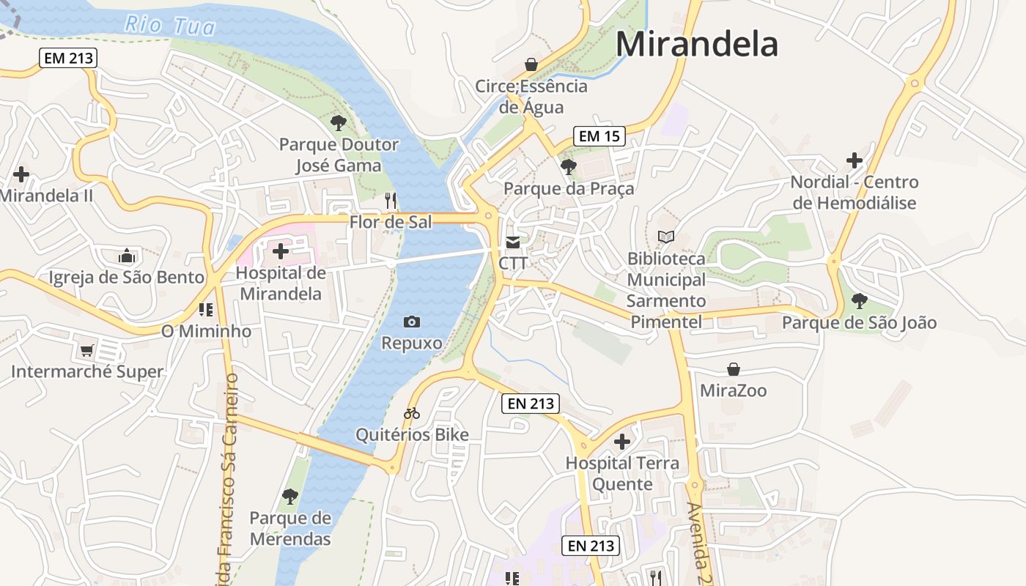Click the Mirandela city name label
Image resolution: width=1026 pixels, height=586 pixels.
point(696,44)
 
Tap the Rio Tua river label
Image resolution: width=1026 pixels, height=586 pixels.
point(170,26)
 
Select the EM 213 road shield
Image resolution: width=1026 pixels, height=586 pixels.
point(68,58)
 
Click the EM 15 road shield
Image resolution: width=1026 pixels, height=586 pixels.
point(599,136)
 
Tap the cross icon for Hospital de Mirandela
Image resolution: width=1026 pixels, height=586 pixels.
point(280,252)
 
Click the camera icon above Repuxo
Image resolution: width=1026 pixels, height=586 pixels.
point(412,322)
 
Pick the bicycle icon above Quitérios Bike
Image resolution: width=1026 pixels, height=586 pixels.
point(412,414)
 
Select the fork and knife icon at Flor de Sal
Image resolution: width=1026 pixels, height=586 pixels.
point(391,200)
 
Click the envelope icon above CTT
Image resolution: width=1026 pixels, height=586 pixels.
point(513,242)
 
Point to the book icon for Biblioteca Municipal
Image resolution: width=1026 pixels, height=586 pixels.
point(665,237)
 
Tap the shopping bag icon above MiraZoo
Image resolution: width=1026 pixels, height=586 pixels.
point(733,369)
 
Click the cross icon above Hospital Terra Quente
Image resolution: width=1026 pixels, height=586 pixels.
point(622,442)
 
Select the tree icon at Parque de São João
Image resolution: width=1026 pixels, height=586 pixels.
point(859,300)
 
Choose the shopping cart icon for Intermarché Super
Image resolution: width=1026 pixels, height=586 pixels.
point(87,350)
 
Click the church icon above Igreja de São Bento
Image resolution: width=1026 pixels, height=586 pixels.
point(127,256)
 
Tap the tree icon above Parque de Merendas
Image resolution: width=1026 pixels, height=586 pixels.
point(290,496)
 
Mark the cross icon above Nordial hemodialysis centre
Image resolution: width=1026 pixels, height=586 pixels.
point(854,160)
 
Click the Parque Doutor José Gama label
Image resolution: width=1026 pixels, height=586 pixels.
point(339,155)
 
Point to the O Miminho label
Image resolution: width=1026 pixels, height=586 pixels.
point(206,331)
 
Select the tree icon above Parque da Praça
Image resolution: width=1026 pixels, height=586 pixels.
point(568,167)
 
